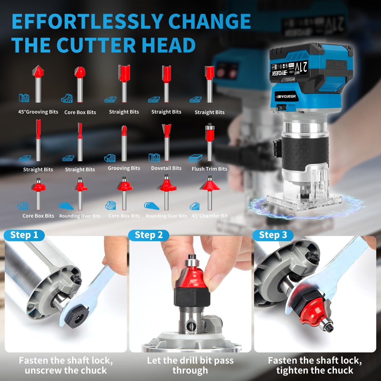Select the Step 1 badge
(x=24, y=235)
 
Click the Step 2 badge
(x=149, y=235)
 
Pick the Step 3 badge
(x=273, y=235)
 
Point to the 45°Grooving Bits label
(x=38, y=112)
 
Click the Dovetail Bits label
(x=166, y=168)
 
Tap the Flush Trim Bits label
(x=209, y=169)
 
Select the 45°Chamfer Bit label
(x=210, y=216)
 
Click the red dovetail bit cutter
(x=167, y=130)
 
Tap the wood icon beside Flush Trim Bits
(x=195, y=158)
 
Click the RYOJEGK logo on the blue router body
(x=286, y=97)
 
